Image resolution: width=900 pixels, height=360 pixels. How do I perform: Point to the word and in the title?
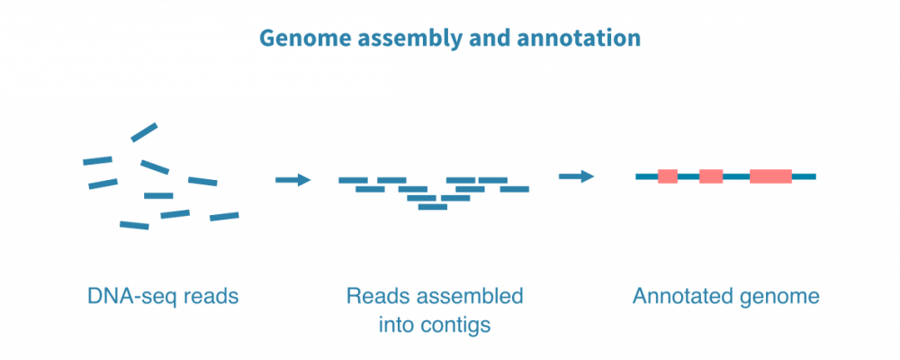tap(485, 40)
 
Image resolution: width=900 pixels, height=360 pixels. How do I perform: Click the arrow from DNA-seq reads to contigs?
tap(292, 180)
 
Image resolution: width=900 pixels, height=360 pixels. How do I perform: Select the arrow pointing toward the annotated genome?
tap(577, 175)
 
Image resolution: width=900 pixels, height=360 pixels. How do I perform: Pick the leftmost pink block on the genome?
tap(667, 176)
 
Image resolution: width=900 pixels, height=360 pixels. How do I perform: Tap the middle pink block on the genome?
tap(711, 176)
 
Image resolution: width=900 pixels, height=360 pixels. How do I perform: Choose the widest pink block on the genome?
tap(770, 176)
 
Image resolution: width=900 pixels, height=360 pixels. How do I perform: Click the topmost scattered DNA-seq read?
tap(144, 132)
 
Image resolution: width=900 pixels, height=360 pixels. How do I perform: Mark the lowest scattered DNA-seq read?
tap(134, 225)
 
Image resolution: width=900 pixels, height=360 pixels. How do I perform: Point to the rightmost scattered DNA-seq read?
tap(224, 216)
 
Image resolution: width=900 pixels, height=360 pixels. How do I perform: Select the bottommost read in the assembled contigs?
tap(433, 207)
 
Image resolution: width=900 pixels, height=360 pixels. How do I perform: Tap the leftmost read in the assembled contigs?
tap(353, 180)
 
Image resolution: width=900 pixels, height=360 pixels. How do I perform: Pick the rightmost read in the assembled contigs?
tap(515, 189)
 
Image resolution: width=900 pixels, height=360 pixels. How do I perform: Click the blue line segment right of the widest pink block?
tap(805, 176)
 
